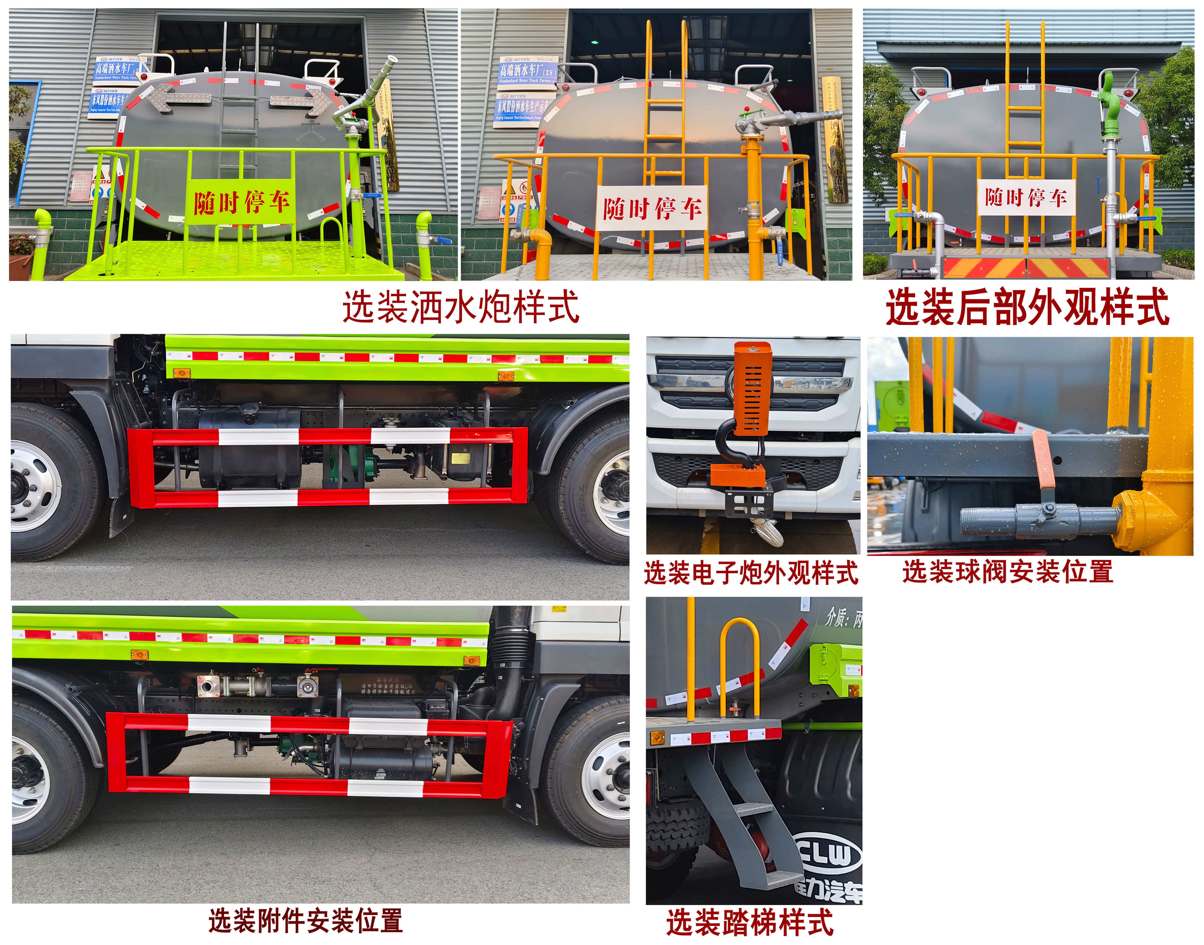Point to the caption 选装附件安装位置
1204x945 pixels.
(305, 921)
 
